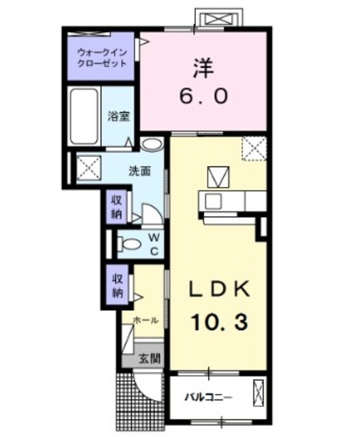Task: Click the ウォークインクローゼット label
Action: coord(102,57)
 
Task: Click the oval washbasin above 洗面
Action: coord(152,145)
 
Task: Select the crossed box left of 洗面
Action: coord(87,166)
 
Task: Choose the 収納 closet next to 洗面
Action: coord(117,206)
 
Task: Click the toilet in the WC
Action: coord(128,244)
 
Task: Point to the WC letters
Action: coord(154,244)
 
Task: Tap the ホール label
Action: coord(146,320)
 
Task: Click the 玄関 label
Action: coord(149,358)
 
